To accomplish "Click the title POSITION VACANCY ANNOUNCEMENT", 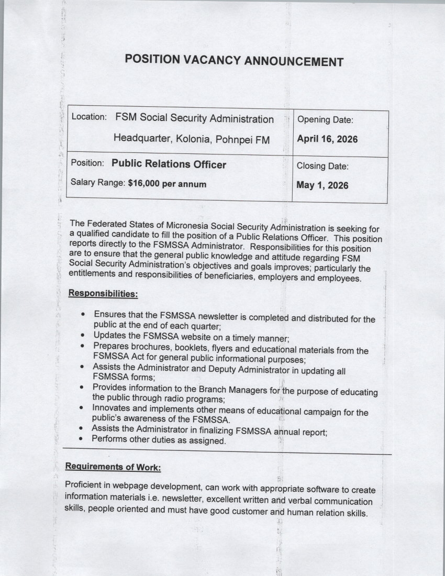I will (x=234, y=60).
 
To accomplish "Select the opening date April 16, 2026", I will (x=327, y=139).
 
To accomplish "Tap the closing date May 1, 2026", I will (x=322, y=185).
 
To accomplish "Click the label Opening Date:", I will (x=325, y=120).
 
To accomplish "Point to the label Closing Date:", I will (x=322, y=166).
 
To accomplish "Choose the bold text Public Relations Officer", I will (x=169, y=164).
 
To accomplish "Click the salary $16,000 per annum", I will (x=167, y=184).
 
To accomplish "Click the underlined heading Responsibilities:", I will (x=103, y=294).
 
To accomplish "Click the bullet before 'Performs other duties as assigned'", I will (x=81, y=440).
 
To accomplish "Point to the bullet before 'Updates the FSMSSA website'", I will (x=84, y=336).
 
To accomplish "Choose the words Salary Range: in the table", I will (x=98, y=184).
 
